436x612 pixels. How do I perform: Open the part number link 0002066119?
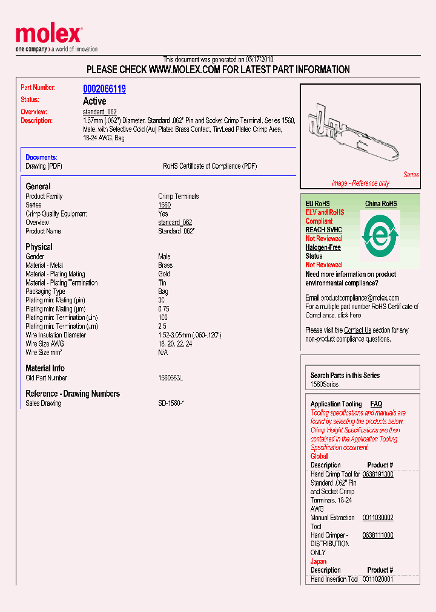click(104, 89)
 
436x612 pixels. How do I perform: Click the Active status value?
click(94, 101)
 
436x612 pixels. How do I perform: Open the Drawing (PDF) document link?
click(44, 166)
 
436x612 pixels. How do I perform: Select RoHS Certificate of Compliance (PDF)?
click(210, 166)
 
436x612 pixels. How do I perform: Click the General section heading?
click(38, 187)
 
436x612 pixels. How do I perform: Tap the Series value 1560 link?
click(165, 205)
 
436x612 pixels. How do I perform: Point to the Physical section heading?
click(39, 247)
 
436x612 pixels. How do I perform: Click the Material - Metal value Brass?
click(165, 265)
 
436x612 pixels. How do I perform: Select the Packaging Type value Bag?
click(163, 291)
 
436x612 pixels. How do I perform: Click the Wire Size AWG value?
click(176, 343)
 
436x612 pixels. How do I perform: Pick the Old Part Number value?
click(170, 378)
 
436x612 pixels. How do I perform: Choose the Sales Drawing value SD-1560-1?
click(171, 403)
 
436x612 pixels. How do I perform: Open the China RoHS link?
click(381, 204)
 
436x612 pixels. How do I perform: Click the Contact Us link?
click(357, 330)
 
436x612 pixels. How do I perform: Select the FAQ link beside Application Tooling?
click(376, 404)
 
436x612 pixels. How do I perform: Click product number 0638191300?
click(378, 475)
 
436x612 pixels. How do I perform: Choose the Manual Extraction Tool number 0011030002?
click(378, 518)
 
